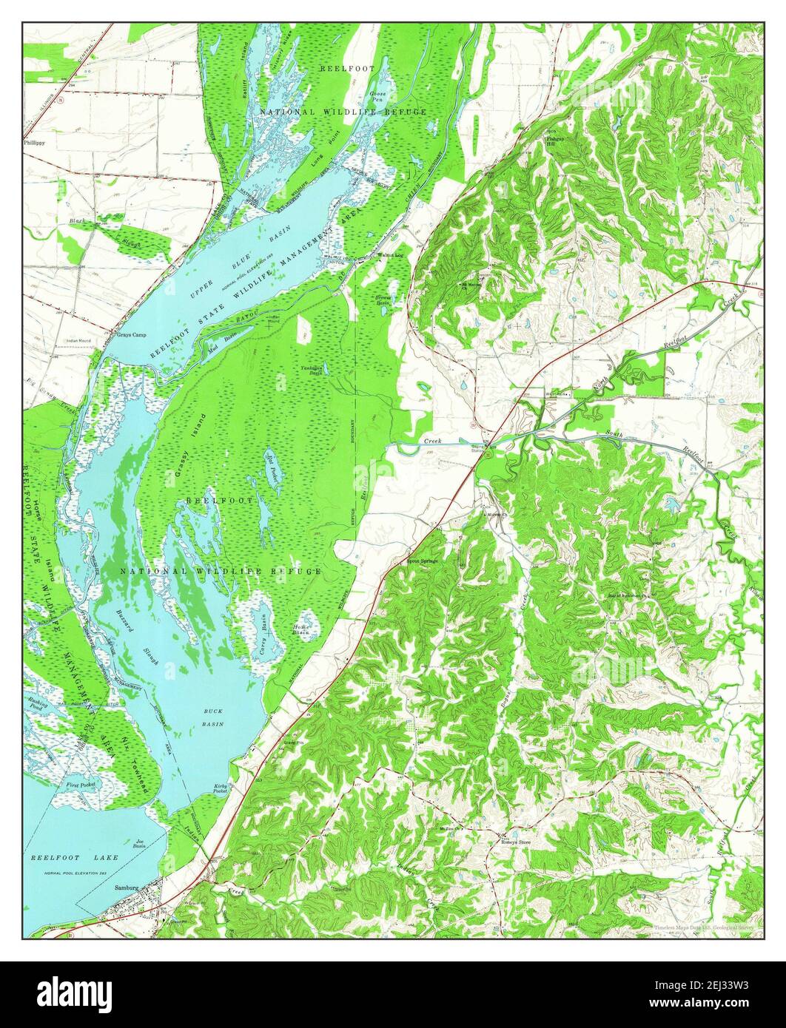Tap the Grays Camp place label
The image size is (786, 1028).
click(130, 334)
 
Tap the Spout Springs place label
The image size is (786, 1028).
click(423, 561)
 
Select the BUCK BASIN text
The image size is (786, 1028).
click(212, 717)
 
